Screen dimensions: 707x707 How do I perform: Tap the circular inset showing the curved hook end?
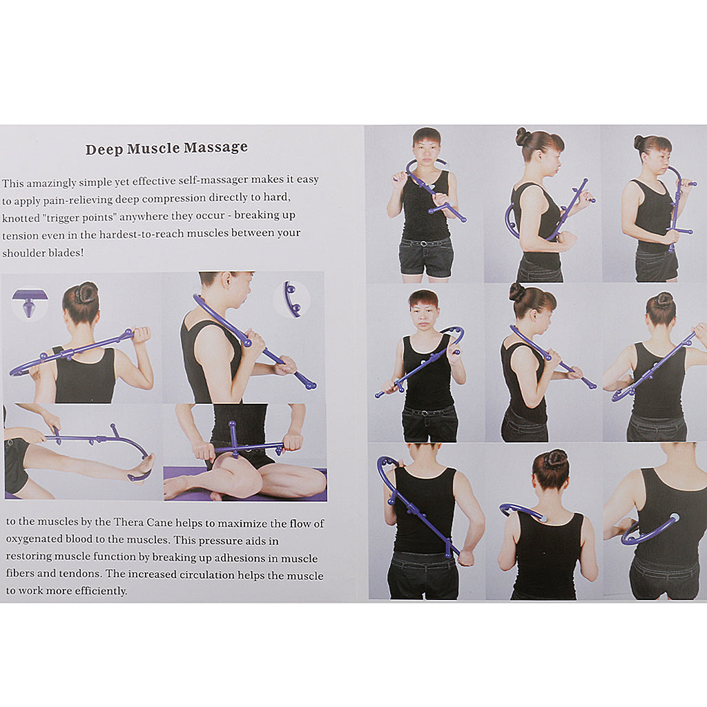(x=292, y=299)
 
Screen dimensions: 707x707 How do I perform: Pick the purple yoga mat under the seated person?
(x=245, y=484)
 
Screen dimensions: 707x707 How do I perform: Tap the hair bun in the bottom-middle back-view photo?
(x=554, y=459)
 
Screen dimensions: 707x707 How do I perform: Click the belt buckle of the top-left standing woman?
(x=423, y=244)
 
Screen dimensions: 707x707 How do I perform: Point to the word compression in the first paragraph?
(x=174, y=198)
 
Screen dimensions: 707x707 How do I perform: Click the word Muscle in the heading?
(x=153, y=148)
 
